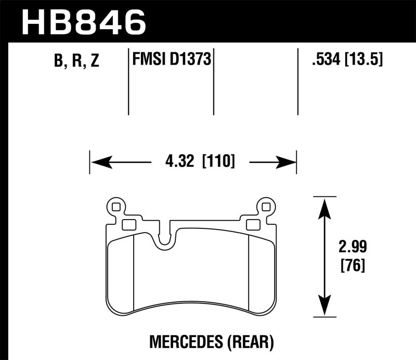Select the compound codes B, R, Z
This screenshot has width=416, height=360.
coord(75,61)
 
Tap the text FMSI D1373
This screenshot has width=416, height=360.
coord(171,60)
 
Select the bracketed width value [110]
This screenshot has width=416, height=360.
coord(217,162)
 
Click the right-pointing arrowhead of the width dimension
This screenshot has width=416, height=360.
coord(287,163)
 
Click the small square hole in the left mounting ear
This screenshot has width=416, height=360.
coord(115,207)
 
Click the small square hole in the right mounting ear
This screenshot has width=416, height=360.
coord(267,207)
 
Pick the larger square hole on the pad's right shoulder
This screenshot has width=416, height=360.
coord(253,224)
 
